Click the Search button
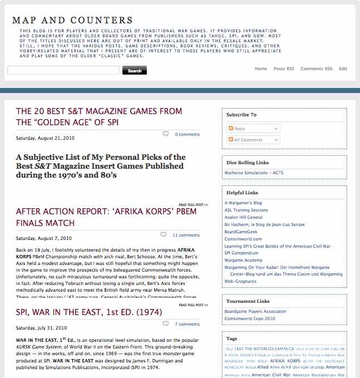point(135,71)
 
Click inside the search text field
point(63,71)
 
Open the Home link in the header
point(260,68)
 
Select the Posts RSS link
point(284,68)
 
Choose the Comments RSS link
point(316,68)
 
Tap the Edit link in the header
point(343,68)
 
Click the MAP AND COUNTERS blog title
point(72,21)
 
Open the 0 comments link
point(187,134)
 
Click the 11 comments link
point(186,235)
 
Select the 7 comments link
point(187,324)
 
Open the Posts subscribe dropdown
point(253,129)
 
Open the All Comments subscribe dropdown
point(253,140)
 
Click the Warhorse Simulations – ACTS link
point(253,173)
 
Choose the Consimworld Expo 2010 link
point(250,318)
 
